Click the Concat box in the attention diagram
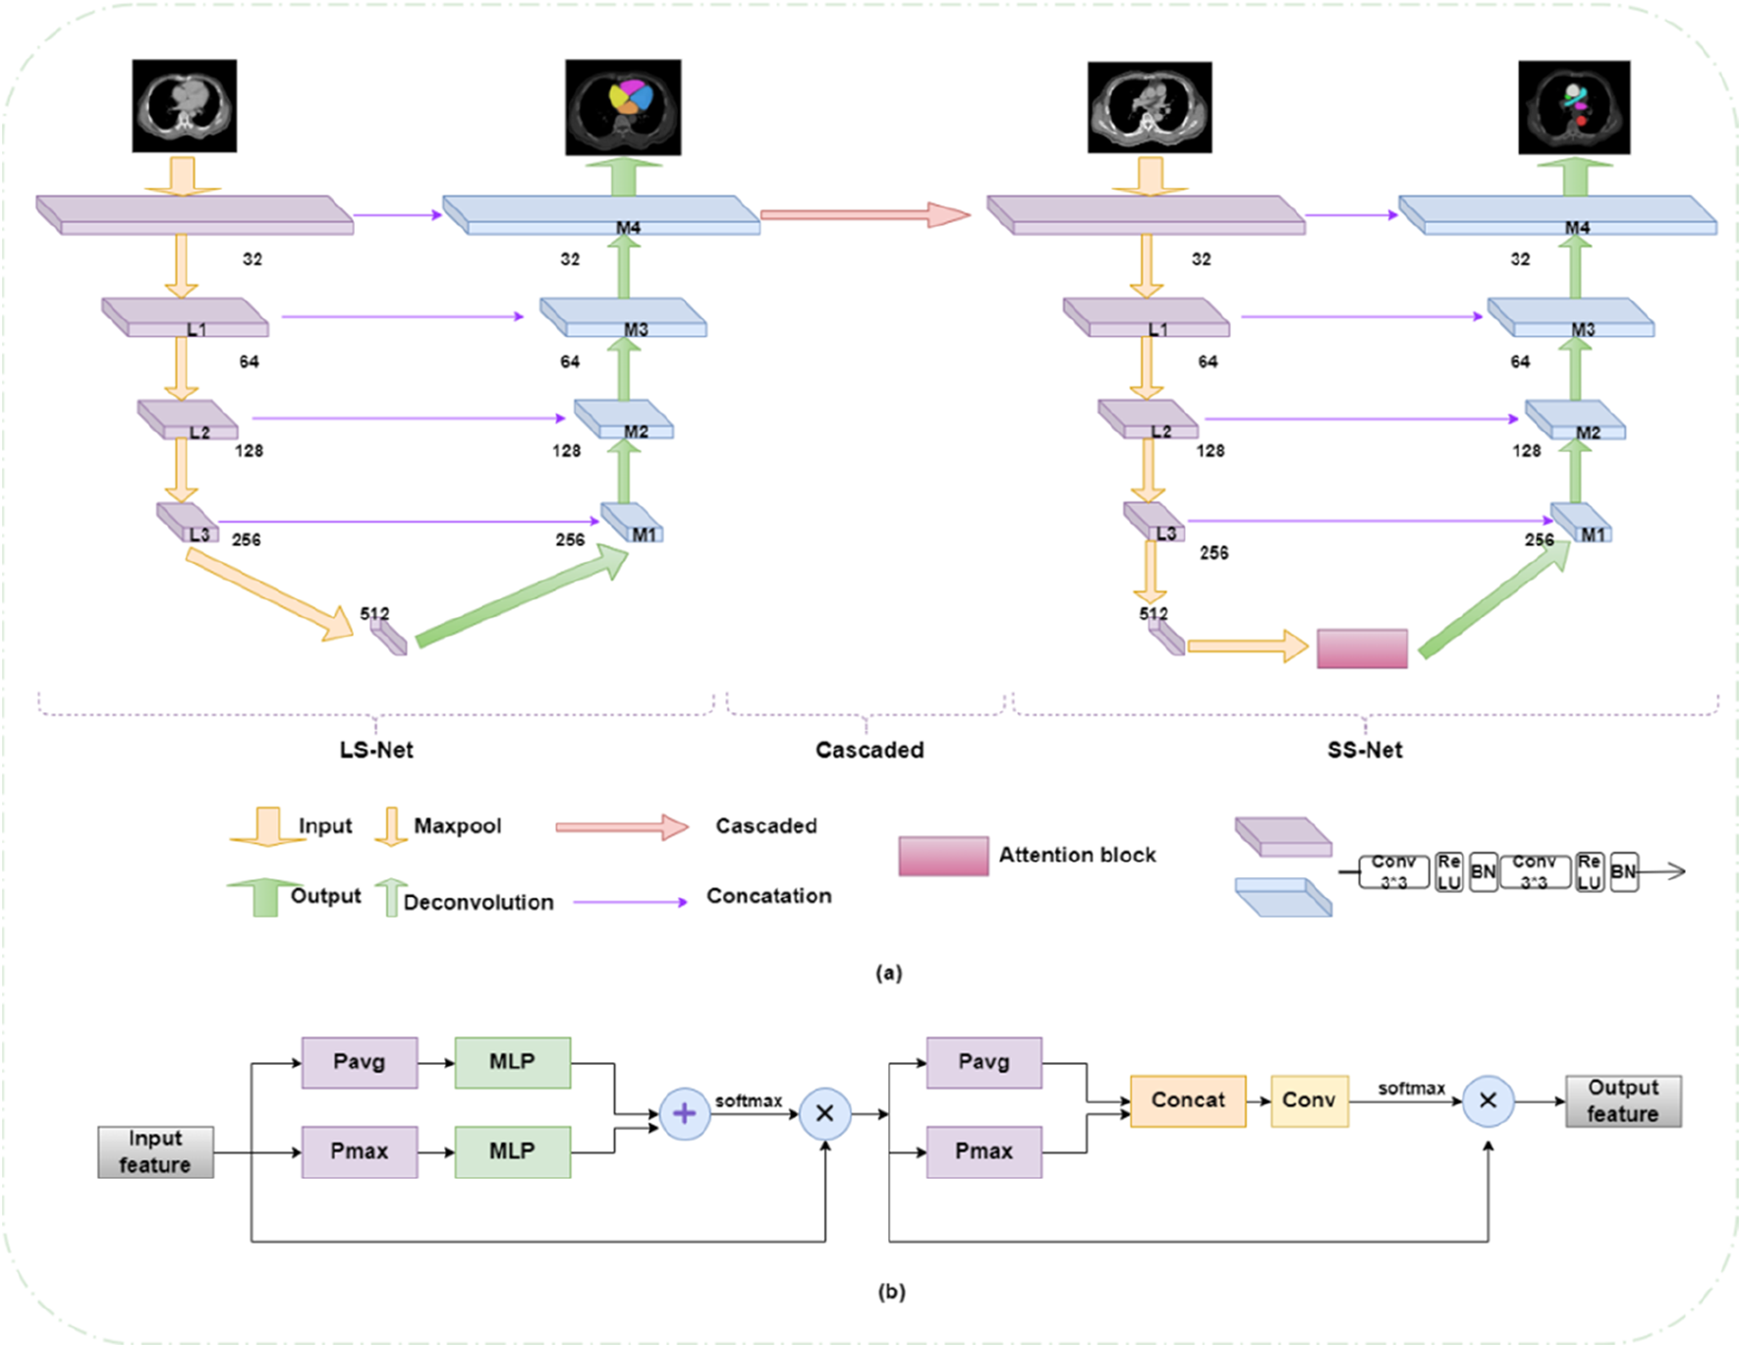pos(1188,1100)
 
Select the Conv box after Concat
pos(1309,1100)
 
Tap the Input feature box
pos(155,1151)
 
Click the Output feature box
pos(1622,1100)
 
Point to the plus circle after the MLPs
pos(684,1113)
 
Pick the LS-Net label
pos(376,750)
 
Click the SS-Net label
pos(1365,750)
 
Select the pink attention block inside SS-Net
pos(1362,649)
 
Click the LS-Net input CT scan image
pos(185,106)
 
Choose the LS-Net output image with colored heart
pos(623,107)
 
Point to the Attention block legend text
pos(1077,855)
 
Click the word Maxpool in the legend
pos(457,825)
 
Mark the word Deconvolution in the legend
pos(478,902)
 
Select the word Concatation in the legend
pos(768,896)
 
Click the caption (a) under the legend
pos(888,973)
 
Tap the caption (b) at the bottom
pos(891,1291)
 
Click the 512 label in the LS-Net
pos(374,613)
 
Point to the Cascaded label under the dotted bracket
pos(870,750)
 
